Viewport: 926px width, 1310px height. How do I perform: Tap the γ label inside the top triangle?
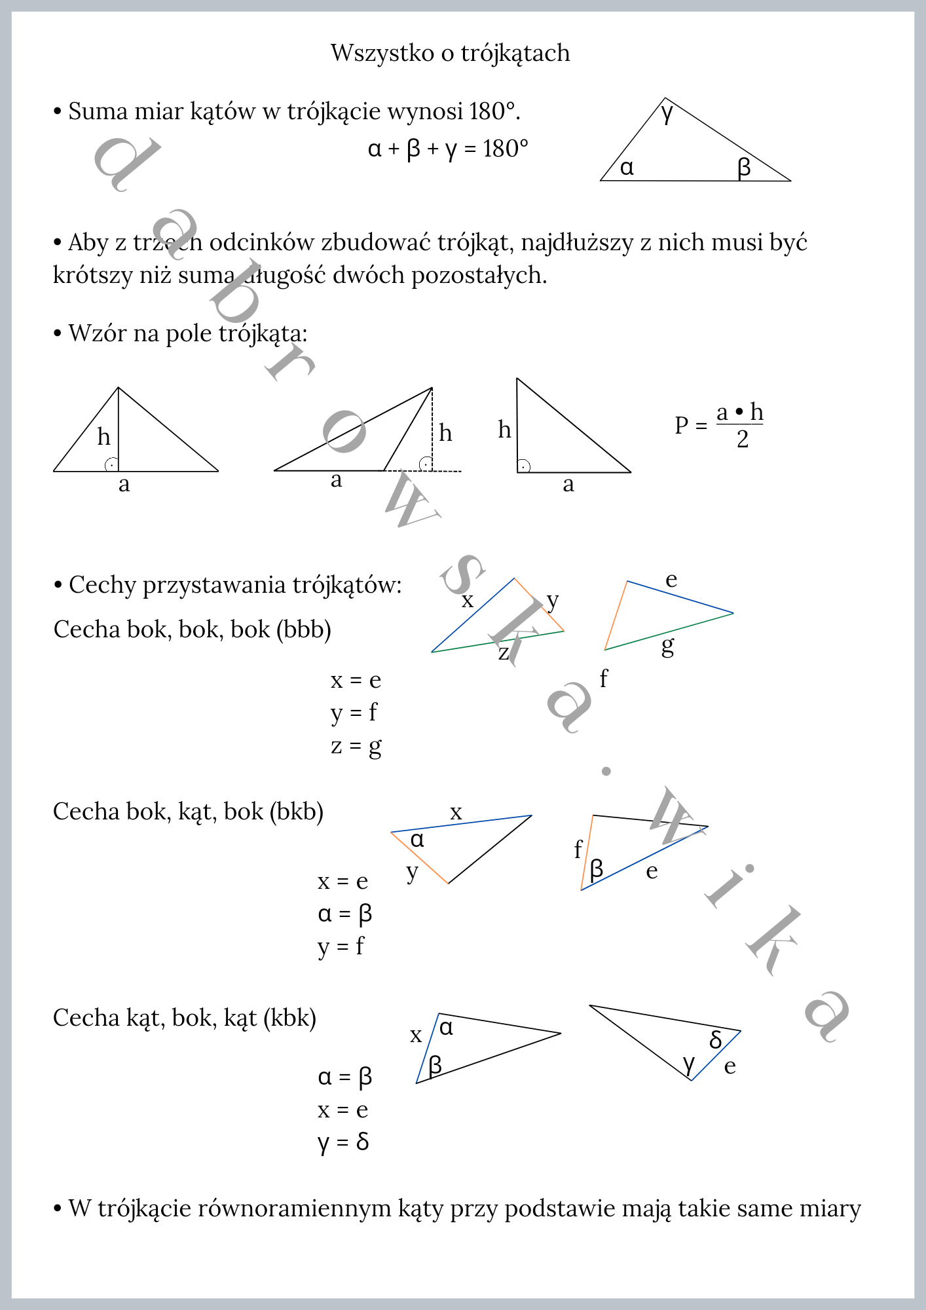point(667,113)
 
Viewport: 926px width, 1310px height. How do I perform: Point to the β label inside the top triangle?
point(743,168)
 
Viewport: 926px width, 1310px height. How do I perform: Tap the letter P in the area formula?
point(682,425)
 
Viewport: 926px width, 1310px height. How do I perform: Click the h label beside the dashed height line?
point(445,433)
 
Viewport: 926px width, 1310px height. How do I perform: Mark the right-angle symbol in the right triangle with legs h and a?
point(523,466)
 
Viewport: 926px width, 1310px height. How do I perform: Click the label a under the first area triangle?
point(124,485)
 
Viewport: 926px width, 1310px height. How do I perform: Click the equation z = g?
point(356,746)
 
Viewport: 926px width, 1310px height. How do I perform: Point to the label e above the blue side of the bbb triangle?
point(671,580)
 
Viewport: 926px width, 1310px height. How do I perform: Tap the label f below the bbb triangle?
point(603,679)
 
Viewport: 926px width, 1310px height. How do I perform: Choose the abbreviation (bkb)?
point(297,812)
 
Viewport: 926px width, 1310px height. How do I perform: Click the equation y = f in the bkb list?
point(341,946)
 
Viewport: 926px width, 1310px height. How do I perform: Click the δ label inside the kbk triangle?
point(716,1039)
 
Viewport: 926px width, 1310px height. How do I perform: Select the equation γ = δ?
point(343,1142)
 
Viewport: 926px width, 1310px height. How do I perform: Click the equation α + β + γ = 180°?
point(448,149)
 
